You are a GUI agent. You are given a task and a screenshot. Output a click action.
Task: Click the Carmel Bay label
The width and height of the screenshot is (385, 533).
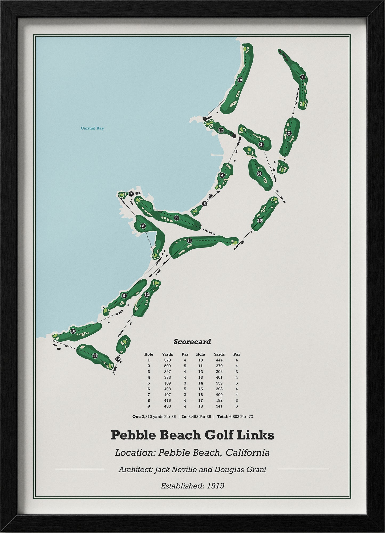(92, 128)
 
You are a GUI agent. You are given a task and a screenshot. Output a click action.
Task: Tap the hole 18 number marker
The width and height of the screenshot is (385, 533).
(240, 80)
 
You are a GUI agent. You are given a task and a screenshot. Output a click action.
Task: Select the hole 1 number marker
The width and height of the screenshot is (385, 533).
(302, 77)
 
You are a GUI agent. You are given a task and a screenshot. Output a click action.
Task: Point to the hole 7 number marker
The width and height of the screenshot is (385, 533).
(131, 194)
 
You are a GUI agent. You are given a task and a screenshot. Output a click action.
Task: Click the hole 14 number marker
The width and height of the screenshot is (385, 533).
(189, 241)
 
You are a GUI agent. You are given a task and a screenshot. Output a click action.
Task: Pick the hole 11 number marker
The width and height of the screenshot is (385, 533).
(95, 356)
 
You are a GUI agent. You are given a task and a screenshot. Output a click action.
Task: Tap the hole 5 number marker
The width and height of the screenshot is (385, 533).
(205, 204)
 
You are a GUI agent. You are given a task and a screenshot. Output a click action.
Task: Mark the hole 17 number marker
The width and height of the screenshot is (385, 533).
(221, 130)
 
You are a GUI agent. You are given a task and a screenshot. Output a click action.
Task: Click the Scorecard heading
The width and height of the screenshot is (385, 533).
(192, 341)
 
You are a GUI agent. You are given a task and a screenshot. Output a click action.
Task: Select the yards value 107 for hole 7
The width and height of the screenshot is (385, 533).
(167, 395)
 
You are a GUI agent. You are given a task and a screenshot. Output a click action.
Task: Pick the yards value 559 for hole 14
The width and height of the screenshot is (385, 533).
(219, 383)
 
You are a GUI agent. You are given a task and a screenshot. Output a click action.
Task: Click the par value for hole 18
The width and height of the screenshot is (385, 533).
(237, 406)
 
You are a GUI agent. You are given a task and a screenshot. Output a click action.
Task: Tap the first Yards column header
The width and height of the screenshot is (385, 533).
(167, 354)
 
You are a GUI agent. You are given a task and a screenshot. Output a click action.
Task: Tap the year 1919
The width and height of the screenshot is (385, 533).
(216, 486)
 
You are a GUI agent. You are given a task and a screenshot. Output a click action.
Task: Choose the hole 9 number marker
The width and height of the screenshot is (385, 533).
(124, 295)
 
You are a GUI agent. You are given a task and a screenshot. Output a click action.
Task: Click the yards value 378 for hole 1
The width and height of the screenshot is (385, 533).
(167, 360)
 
